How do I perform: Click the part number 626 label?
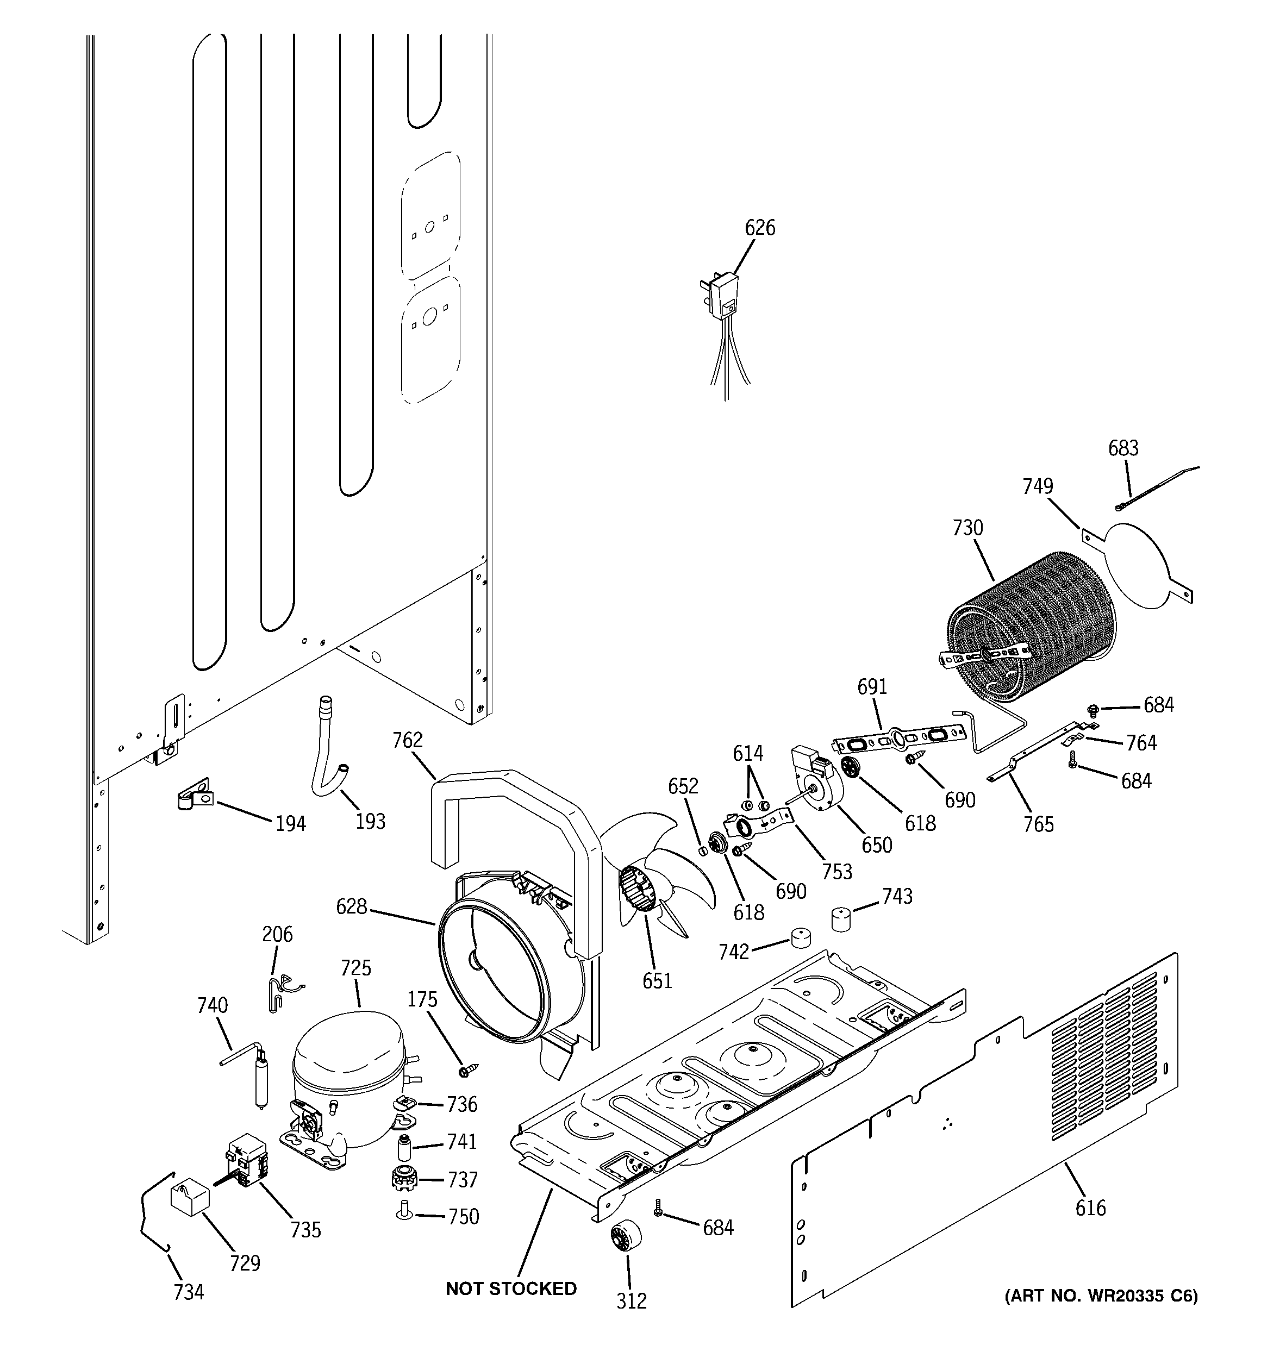pos(759,228)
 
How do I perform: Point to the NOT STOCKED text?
pos(511,1289)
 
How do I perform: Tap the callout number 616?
pos(1090,1208)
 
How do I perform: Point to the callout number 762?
pos(408,741)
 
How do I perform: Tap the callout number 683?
pos(1123,448)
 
